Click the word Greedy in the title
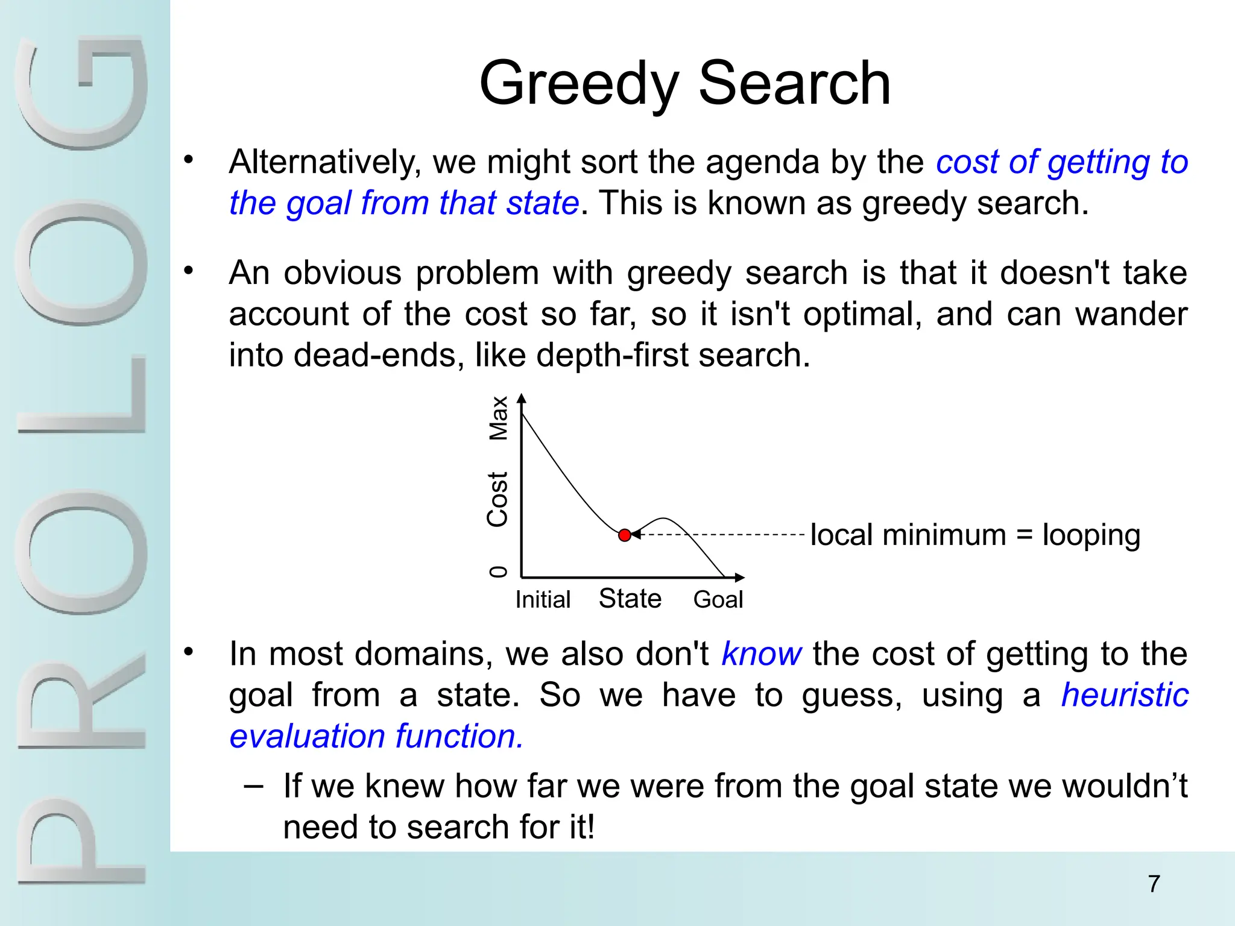tap(580, 84)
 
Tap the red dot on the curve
tap(625, 535)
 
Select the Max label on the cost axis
tap(499, 418)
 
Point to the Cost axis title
tap(498, 500)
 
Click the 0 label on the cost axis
tap(498, 572)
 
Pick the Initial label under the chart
tap(543, 600)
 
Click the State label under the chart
tap(630, 599)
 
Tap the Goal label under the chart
tap(718, 600)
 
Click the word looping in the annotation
tap(1091, 536)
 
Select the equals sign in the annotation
tap(1024, 536)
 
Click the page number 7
tap(1154, 884)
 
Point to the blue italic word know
tap(762, 654)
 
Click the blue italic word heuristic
tap(1125, 695)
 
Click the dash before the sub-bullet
tap(254, 787)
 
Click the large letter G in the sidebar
tap(81, 93)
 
